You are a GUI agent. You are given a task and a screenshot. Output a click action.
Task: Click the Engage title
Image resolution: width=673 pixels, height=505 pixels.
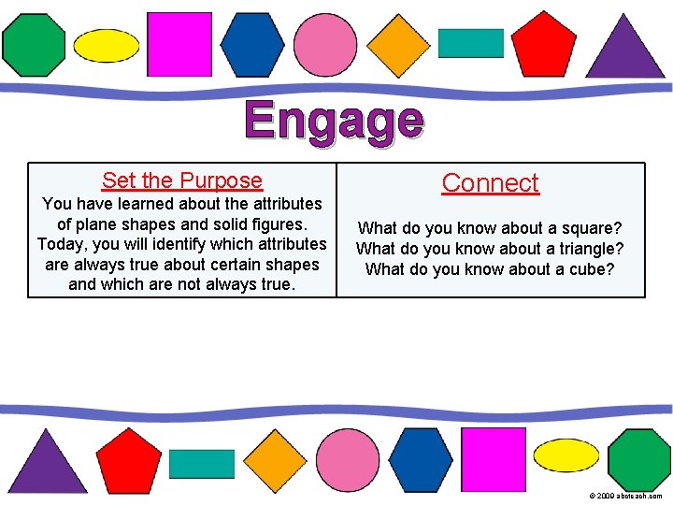tap(335, 123)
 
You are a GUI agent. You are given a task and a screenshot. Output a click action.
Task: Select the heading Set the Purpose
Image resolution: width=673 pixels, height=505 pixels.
tap(182, 180)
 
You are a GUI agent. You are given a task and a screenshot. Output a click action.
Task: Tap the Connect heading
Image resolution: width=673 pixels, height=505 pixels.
tap(491, 183)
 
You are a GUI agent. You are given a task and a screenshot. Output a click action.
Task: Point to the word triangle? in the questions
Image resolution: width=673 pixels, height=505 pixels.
tap(586, 249)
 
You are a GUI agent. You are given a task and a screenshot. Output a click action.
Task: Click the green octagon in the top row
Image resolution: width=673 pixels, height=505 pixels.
tap(34, 44)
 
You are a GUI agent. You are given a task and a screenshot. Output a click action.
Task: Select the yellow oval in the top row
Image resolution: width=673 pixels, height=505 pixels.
tap(107, 45)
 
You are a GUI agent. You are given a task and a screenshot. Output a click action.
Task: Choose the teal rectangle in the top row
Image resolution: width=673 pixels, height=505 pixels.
tap(471, 43)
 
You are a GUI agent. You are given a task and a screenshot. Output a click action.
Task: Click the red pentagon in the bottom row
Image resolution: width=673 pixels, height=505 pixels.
tap(129, 461)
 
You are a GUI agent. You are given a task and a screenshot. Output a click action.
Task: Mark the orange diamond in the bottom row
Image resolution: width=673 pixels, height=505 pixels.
tap(275, 460)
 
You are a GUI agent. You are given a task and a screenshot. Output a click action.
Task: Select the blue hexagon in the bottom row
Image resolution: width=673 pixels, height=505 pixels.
tap(421, 459)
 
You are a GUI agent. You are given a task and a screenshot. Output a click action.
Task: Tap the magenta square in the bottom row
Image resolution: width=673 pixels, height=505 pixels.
tap(494, 459)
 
